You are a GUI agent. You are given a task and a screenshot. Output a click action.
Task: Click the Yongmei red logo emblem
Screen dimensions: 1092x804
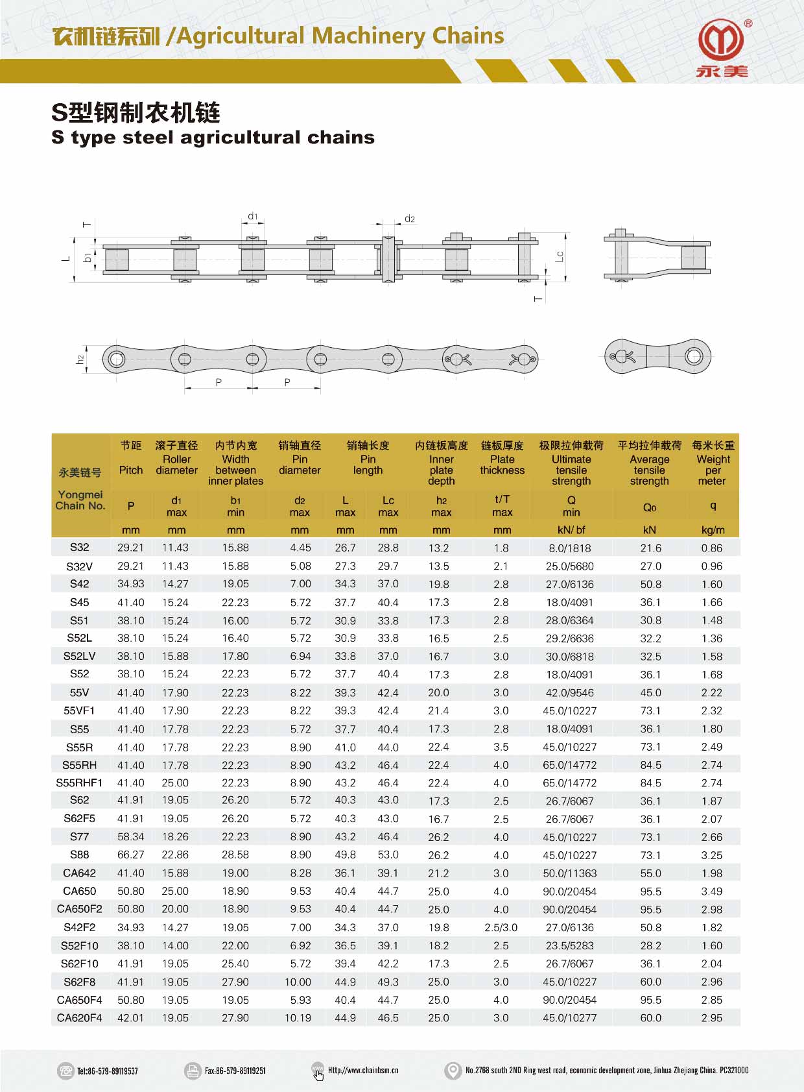pyautogui.click(x=721, y=40)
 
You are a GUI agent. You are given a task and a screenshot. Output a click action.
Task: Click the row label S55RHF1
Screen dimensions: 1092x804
pyautogui.click(x=79, y=783)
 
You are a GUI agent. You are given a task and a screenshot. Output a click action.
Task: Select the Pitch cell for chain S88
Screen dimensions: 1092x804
pyautogui.click(x=130, y=855)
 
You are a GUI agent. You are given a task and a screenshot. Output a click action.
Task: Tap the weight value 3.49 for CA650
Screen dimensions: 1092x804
pyautogui.click(x=711, y=892)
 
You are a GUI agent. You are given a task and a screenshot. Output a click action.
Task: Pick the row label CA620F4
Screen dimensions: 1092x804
pyautogui.click(x=79, y=1018)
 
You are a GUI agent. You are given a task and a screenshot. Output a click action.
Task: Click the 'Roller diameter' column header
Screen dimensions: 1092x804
pyautogui.click(x=176, y=464)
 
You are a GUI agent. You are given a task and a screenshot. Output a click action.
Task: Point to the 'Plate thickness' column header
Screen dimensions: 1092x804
pyautogui.click(x=502, y=464)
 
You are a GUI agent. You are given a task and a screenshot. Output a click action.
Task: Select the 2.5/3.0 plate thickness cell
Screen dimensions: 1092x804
pyautogui.click(x=501, y=928)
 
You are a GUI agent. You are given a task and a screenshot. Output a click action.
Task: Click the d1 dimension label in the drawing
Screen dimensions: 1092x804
pyautogui.click(x=253, y=216)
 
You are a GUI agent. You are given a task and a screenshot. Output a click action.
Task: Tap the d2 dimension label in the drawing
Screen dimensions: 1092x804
pyautogui.click(x=410, y=219)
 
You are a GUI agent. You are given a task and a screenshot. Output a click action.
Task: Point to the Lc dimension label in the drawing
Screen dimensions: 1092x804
pyautogui.click(x=560, y=256)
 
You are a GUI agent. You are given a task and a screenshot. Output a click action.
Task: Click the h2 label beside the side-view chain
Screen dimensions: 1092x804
pyautogui.click(x=80, y=359)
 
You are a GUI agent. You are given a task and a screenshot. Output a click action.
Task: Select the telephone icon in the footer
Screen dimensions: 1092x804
pyautogui.click(x=65, y=1071)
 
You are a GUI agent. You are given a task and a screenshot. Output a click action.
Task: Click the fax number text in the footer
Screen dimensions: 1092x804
pyautogui.click(x=235, y=1071)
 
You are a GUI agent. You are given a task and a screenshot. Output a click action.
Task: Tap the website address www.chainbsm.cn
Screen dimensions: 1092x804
pyautogui.click(x=363, y=1071)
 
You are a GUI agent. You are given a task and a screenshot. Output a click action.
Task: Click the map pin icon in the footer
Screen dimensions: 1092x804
pyautogui.click(x=453, y=1071)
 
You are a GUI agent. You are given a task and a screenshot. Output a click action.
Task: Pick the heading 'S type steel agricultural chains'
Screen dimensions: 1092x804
pyautogui.click(x=213, y=138)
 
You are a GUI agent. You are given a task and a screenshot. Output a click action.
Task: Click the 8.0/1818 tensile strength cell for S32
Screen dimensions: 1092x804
pyautogui.click(x=570, y=548)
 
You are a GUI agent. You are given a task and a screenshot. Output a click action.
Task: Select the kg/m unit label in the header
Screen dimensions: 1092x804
pyautogui.click(x=713, y=530)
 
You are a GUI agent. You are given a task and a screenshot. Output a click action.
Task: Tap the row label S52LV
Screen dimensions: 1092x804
pyautogui.click(x=79, y=657)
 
